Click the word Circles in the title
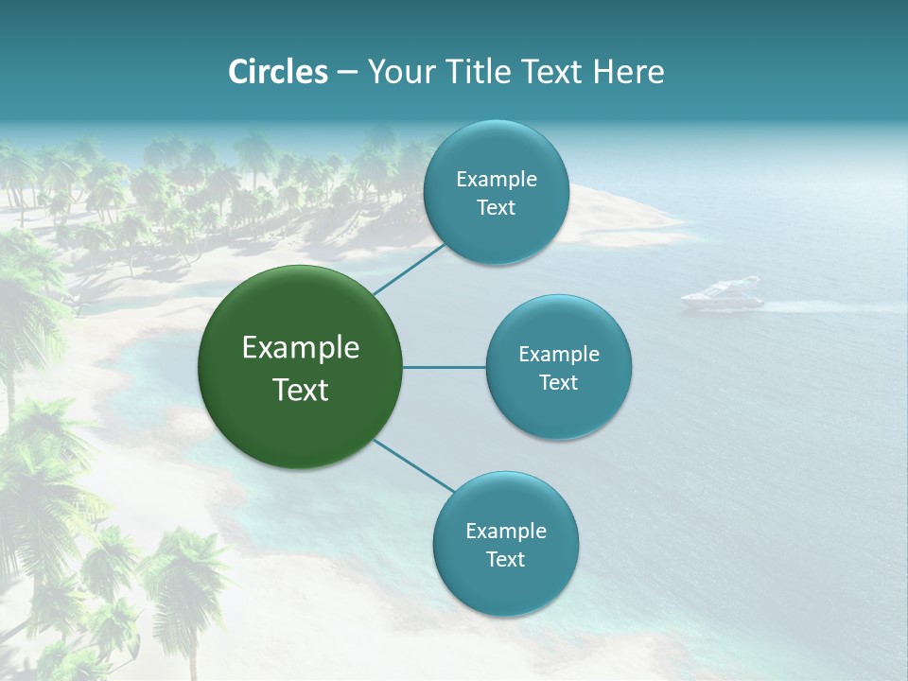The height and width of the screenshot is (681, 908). tap(278, 72)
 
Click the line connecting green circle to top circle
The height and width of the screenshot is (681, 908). tap(409, 269)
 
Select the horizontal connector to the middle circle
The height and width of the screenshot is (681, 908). tap(445, 367)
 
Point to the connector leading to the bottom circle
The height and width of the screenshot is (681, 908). tap(414, 465)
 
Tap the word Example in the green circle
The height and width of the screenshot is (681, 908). tap(301, 348)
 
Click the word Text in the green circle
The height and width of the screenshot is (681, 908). tap(301, 390)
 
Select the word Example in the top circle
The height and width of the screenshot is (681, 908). tap(497, 179)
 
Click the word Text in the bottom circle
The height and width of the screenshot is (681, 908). tap(505, 559)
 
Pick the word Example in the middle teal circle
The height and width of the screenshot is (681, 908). tap(559, 354)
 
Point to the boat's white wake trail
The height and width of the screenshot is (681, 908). tap(804, 306)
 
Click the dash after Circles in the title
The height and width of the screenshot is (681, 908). tap(347, 73)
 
